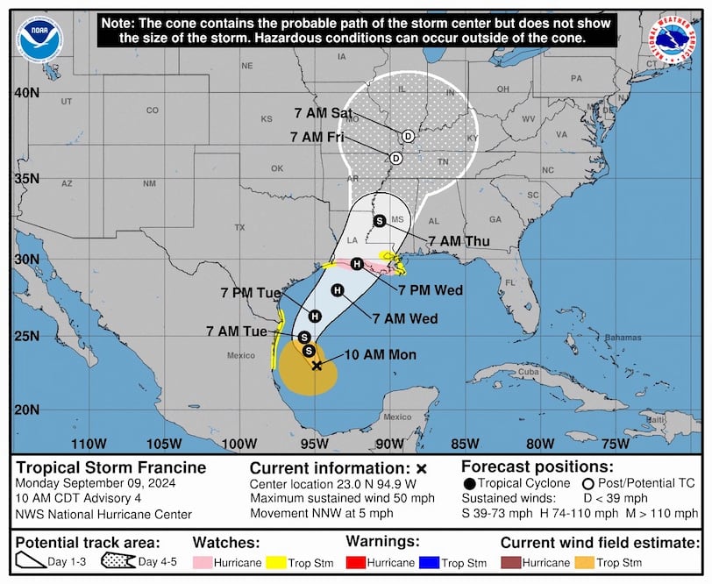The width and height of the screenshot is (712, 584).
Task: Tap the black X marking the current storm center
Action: [x=317, y=366]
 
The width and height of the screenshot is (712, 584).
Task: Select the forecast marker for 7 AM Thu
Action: [x=379, y=221]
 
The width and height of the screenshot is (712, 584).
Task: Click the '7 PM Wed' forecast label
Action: [x=430, y=290]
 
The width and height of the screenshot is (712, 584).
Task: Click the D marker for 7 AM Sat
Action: [x=408, y=136]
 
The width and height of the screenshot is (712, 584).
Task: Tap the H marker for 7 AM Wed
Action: [x=337, y=290]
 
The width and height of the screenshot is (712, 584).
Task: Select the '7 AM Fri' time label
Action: [x=317, y=138]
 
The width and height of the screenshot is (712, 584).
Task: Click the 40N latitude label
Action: [x=29, y=93]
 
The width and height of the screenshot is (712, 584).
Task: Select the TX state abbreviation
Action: [x=239, y=227]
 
